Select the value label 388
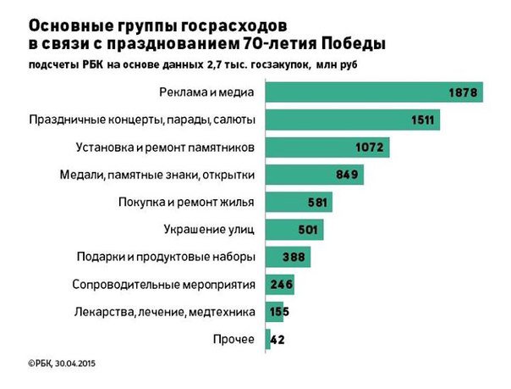pyautogui.click(x=295, y=258)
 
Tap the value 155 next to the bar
pyautogui.click(x=278, y=312)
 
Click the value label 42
pyautogui.click(x=277, y=340)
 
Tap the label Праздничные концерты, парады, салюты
pyautogui.click(x=142, y=120)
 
